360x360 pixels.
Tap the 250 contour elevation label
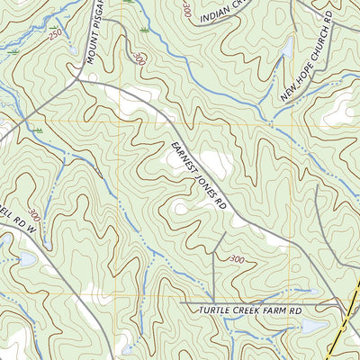pyautogui.click(x=57, y=34)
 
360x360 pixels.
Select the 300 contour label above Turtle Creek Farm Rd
pyautogui.click(x=237, y=260)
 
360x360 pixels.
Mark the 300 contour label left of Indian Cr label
pyautogui.click(x=184, y=11)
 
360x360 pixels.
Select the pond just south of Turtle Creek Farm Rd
pyautogui.click(x=310, y=327)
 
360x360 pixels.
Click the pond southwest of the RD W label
pyautogui.click(x=24, y=259)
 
